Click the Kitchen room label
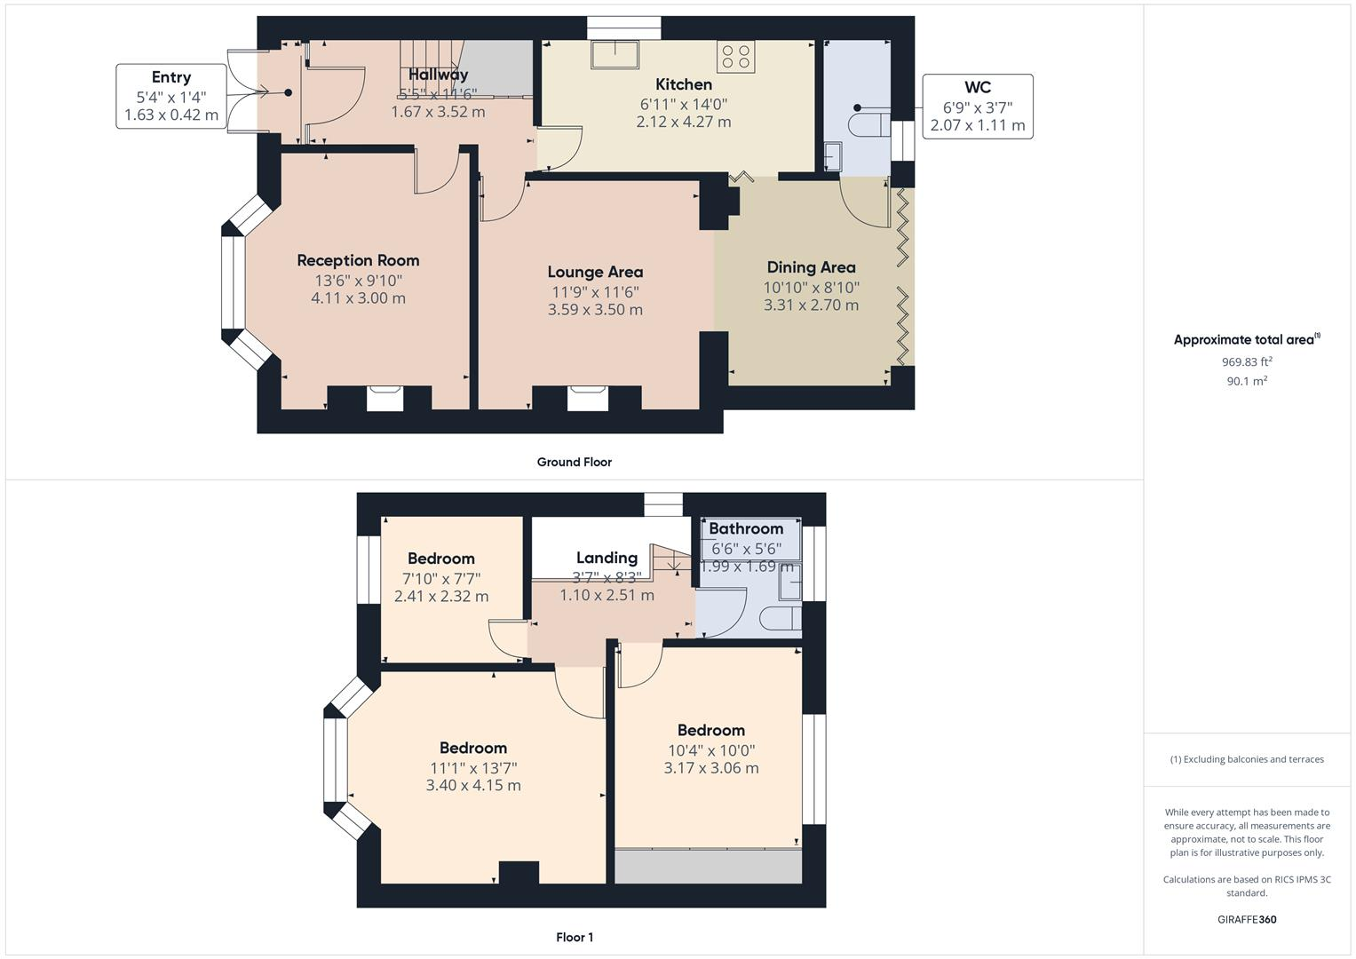coord(683,84)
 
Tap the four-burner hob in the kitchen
coord(736,57)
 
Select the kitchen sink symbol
coord(615,54)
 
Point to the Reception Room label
coord(358,260)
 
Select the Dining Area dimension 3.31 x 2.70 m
coord(811,305)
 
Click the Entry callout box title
coord(170,77)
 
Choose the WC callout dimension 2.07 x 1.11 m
coord(977,125)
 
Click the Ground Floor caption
coord(574,462)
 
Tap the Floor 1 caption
coord(574,937)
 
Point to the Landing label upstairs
coord(607,558)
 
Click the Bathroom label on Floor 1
coord(746,529)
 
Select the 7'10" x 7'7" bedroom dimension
coord(441,578)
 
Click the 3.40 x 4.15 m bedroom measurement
coord(473,786)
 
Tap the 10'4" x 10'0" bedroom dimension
coord(710,750)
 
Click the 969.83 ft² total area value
coord(1246,361)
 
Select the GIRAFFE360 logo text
coord(1246,919)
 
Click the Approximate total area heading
coord(1246,339)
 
